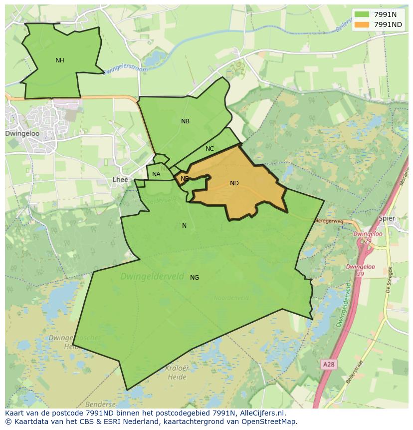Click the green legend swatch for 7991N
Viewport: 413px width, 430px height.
(x=362, y=14)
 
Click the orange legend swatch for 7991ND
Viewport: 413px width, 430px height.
(x=362, y=24)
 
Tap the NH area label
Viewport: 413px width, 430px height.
(x=60, y=60)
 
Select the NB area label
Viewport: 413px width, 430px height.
(x=186, y=121)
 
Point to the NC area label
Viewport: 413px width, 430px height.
(x=209, y=149)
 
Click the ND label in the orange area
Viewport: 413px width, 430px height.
(x=234, y=183)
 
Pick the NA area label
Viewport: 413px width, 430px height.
(x=157, y=174)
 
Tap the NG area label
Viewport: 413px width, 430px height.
(x=195, y=278)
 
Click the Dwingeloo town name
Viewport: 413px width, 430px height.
(x=22, y=134)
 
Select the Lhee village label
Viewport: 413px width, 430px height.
(x=120, y=180)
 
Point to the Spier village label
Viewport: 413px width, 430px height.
(x=387, y=218)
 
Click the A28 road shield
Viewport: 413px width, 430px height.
(x=328, y=365)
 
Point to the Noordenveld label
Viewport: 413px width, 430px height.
(x=231, y=298)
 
